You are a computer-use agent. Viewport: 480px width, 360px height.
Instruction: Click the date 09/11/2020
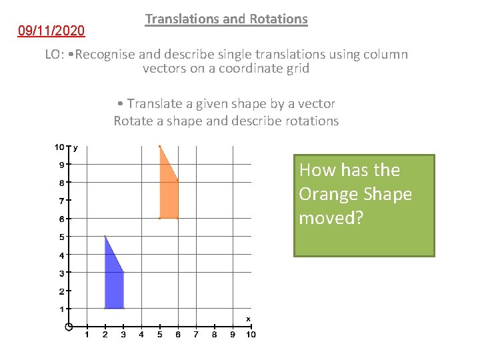(x=51, y=31)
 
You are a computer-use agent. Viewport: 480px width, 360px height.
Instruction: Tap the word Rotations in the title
(x=279, y=19)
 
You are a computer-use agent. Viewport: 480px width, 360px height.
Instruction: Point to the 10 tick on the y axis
(x=59, y=147)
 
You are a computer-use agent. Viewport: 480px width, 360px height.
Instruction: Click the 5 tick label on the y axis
(x=61, y=237)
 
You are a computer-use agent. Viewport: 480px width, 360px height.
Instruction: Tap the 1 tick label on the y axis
(x=61, y=309)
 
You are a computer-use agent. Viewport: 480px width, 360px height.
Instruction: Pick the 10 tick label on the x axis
(x=251, y=335)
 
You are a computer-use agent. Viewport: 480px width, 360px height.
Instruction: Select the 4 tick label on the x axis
(x=141, y=335)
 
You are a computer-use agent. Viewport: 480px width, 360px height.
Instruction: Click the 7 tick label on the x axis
(x=196, y=335)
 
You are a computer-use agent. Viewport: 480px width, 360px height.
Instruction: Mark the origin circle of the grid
(x=69, y=327)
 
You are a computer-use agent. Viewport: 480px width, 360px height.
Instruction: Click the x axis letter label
(x=248, y=319)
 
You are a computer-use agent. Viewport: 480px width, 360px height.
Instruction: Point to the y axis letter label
(x=75, y=147)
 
